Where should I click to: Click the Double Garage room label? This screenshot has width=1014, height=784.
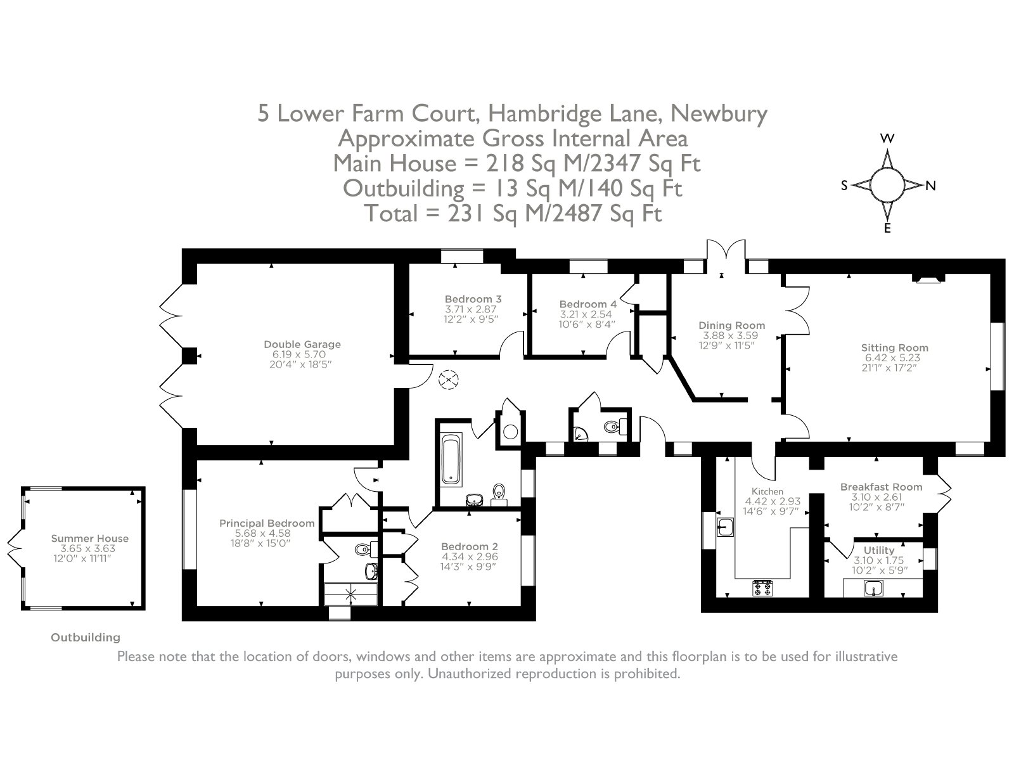click(302, 344)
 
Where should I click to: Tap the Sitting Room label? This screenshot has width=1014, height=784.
click(895, 348)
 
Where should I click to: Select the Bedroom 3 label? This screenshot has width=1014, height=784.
click(473, 299)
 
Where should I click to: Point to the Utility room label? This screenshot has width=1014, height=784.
click(878, 550)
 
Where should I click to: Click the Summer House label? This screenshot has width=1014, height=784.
click(89, 539)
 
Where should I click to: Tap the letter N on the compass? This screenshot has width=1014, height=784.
click(930, 186)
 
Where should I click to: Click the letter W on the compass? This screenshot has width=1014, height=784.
click(887, 138)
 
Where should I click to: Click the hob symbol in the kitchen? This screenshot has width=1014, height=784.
click(762, 588)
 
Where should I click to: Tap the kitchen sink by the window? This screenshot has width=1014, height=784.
click(726, 527)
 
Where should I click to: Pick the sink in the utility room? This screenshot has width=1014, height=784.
click(874, 588)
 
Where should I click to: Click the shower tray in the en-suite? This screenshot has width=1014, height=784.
click(350, 594)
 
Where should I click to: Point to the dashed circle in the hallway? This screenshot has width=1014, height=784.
click(449, 380)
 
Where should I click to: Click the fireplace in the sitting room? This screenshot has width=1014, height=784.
click(928, 278)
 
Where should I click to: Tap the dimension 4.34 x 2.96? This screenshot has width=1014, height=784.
click(470, 556)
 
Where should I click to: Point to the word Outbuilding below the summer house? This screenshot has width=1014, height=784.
click(86, 638)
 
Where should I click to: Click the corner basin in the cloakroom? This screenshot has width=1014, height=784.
click(579, 434)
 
